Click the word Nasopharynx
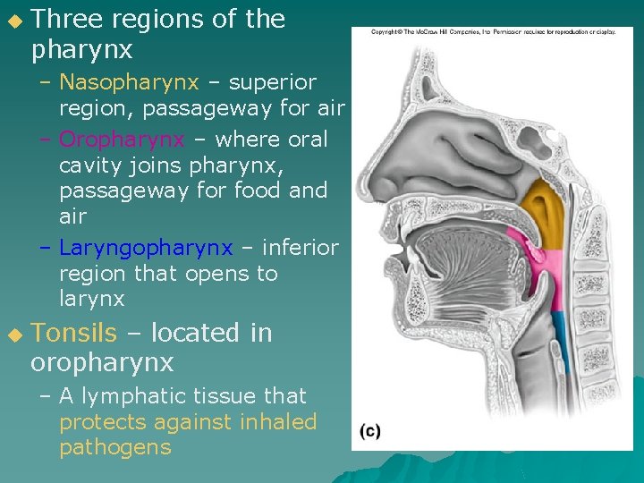click(129, 83)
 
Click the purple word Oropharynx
click(122, 140)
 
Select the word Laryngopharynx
click(145, 248)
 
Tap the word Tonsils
click(73, 333)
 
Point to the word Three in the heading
click(66, 20)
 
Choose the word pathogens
click(114, 447)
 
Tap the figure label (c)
click(370, 431)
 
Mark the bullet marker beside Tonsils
click(13, 335)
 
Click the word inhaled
click(280, 421)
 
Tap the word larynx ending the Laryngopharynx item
click(92, 299)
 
